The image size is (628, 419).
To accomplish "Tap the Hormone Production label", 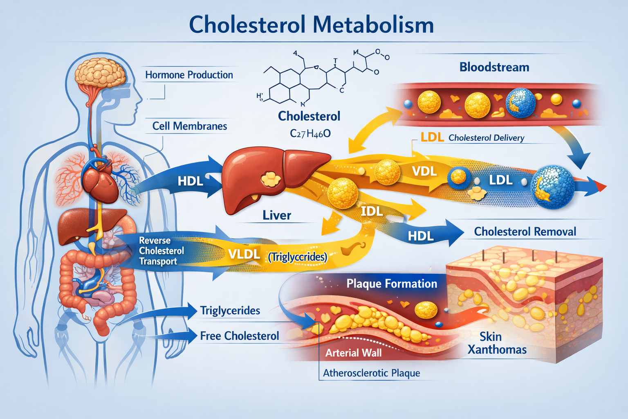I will [x=189, y=75].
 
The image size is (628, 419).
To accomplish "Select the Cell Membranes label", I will [x=189, y=126].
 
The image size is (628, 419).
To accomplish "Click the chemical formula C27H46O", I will [x=310, y=133].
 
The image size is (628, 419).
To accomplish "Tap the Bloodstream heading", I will [x=494, y=67].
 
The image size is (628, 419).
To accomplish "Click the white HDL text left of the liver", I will [x=190, y=181].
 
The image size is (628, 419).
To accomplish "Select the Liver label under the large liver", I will [x=277, y=215].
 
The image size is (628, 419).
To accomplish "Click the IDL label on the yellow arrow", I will [x=372, y=211].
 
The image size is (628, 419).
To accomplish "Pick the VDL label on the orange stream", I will [x=424, y=171].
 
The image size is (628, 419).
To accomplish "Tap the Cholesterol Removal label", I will [x=525, y=232].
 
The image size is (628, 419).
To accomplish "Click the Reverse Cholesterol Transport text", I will [x=161, y=251].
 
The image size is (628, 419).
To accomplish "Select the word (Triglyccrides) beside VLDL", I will [x=297, y=257].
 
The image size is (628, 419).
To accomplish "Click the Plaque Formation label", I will [x=391, y=284].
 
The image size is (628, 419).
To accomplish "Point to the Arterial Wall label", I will [x=353, y=353].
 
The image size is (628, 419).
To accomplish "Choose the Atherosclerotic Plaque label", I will [x=371, y=373].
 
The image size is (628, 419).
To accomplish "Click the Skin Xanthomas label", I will [x=497, y=343].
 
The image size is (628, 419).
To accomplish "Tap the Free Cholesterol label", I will [x=239, y=336].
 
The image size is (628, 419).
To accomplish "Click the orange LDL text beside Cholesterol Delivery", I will [x=432, y=137].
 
